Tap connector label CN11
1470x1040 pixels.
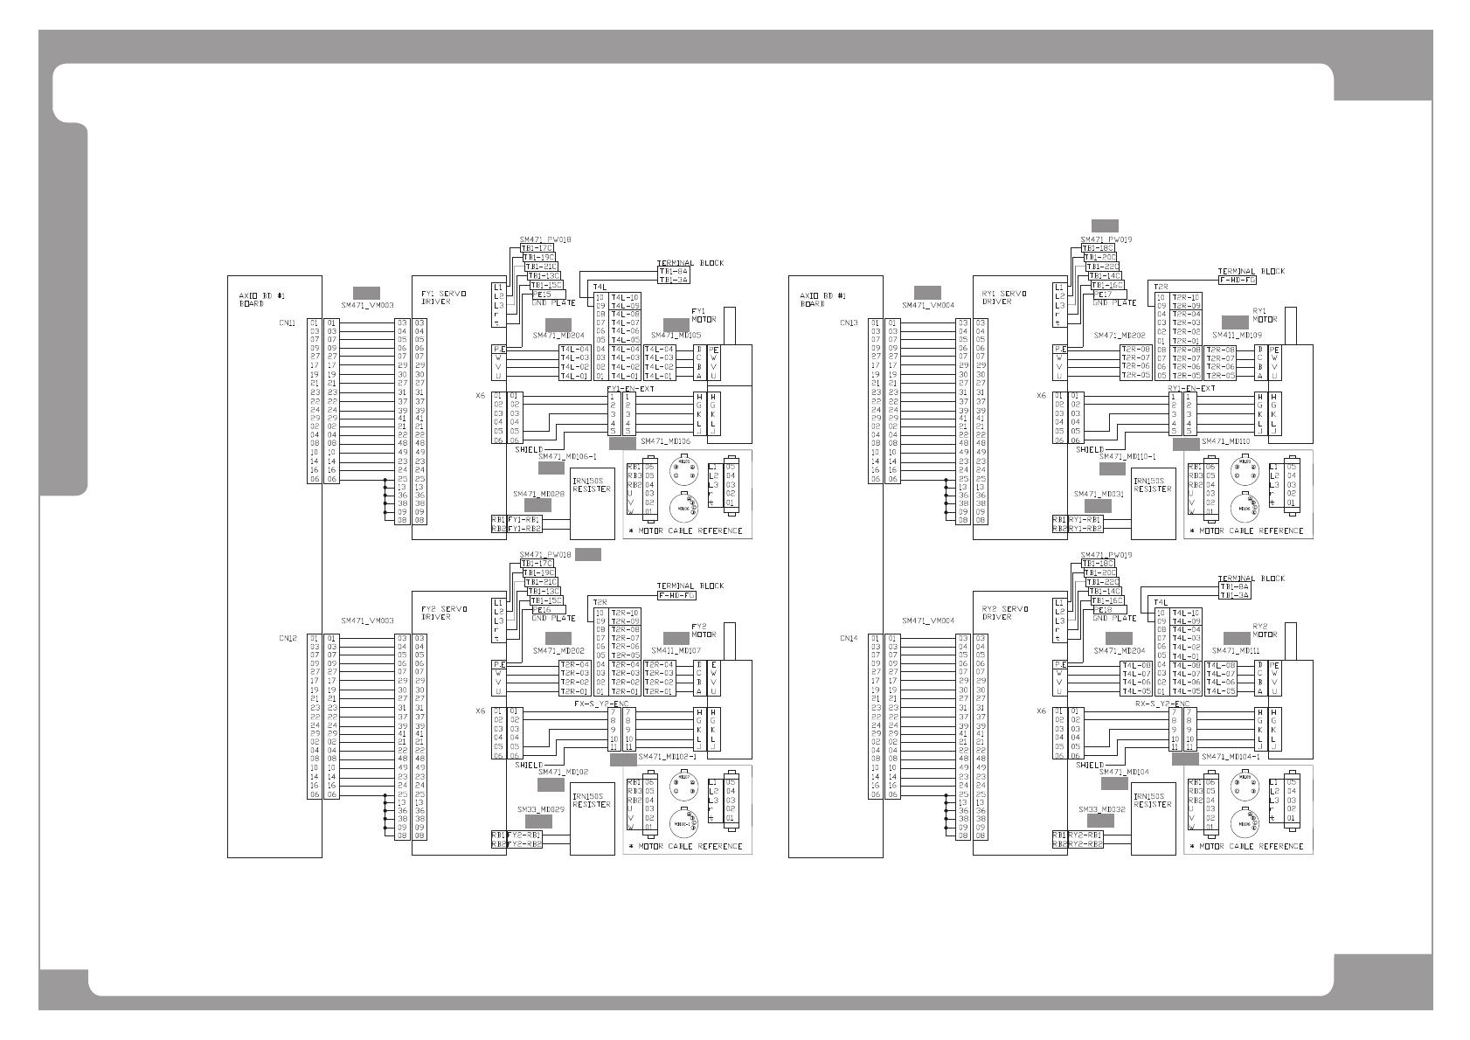tap(287, 323)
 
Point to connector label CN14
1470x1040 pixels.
tap(848, 639)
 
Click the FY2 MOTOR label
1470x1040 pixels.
tap(703, 630)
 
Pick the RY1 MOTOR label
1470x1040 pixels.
tap(1264, 315)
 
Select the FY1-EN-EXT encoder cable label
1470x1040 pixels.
tap(629, 387)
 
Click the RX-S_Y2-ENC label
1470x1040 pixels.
tap(1162, 703)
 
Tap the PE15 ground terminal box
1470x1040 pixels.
tap(542, 295)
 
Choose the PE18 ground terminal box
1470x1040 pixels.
tap(1104, 609)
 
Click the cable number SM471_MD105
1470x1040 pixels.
tap(676, 336)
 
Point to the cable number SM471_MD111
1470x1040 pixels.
tap(1236, 651)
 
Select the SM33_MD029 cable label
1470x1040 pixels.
tap(539, 809)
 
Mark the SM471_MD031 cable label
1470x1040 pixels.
tap(1099, 494)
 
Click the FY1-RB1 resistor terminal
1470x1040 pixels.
tap(524, 519)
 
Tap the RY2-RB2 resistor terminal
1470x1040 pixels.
tap(1085, 844)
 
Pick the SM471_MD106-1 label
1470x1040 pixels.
tap(567, 456)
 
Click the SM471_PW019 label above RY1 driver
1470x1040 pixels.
tap(1106, 239)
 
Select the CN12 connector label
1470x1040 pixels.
tap(287, 639)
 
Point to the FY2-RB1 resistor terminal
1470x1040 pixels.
tap(524, 835)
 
